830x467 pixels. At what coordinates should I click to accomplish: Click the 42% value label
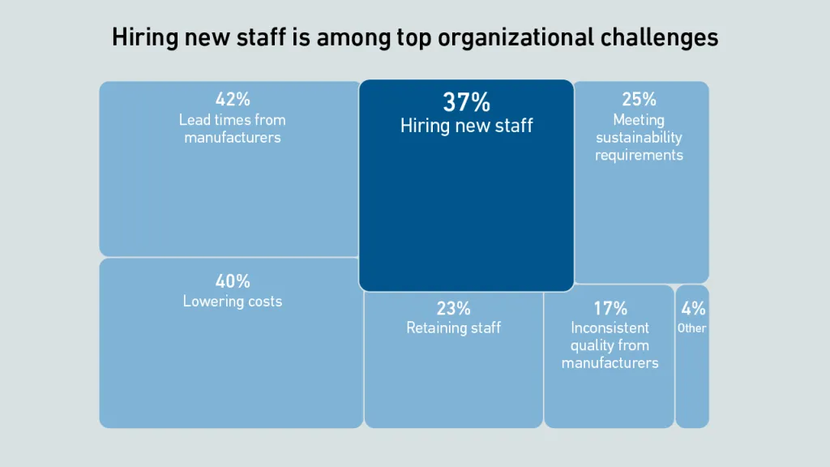pyautogui.click(x=233, y=100)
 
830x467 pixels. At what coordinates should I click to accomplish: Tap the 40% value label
pyautogui.click(x=233, y=282)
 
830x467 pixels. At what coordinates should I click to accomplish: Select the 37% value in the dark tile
pyautogui.click(x=466, y=103)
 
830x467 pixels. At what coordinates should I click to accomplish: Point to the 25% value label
pyautogui.click(x=639, y=100)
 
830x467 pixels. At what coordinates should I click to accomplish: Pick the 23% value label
pyautogui.click(x=453, y=309)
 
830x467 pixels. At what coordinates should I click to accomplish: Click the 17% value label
pyautogui.click(x=610, y=309)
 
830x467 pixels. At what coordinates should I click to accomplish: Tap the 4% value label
pyautogui.click(x=693, y=309)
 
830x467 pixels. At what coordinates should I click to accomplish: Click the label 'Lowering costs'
pyautogui.click(x=233, y=302)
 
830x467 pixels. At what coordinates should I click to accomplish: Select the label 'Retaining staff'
pyautogui.click(x=453, y=328)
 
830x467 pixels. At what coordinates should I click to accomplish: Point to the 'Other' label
pyautogui.click(x=692, y=328)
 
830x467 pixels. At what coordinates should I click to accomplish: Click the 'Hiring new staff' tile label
pyautogui.click(x=466, y=126)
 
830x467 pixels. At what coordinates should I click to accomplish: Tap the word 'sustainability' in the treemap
pyautogui.click(x=639, y=138)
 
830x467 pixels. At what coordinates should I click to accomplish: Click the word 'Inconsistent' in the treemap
pyautogui.click(x=610, y=328)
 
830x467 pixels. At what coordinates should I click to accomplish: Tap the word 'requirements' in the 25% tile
pyautogui.click(x=639, y=155)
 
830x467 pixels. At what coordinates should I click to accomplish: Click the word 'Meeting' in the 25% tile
pyautogui.click(x=639, y=120)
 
